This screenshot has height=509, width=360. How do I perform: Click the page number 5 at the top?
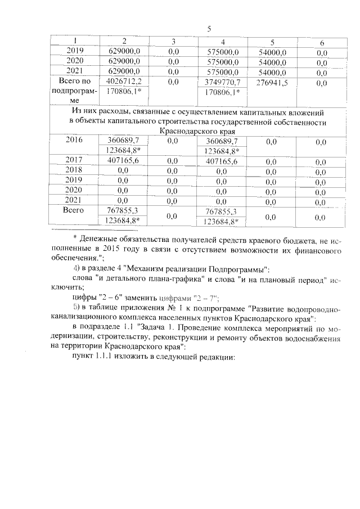(209, 29)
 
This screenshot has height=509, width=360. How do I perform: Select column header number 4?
(223, 43)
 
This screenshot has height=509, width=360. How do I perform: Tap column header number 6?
(322, 43)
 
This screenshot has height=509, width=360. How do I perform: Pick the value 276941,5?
(273, 82)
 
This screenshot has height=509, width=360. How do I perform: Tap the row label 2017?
(75, 160)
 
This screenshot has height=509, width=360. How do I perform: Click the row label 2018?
(75, 170)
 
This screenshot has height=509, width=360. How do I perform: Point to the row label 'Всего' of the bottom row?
(75, 210)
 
